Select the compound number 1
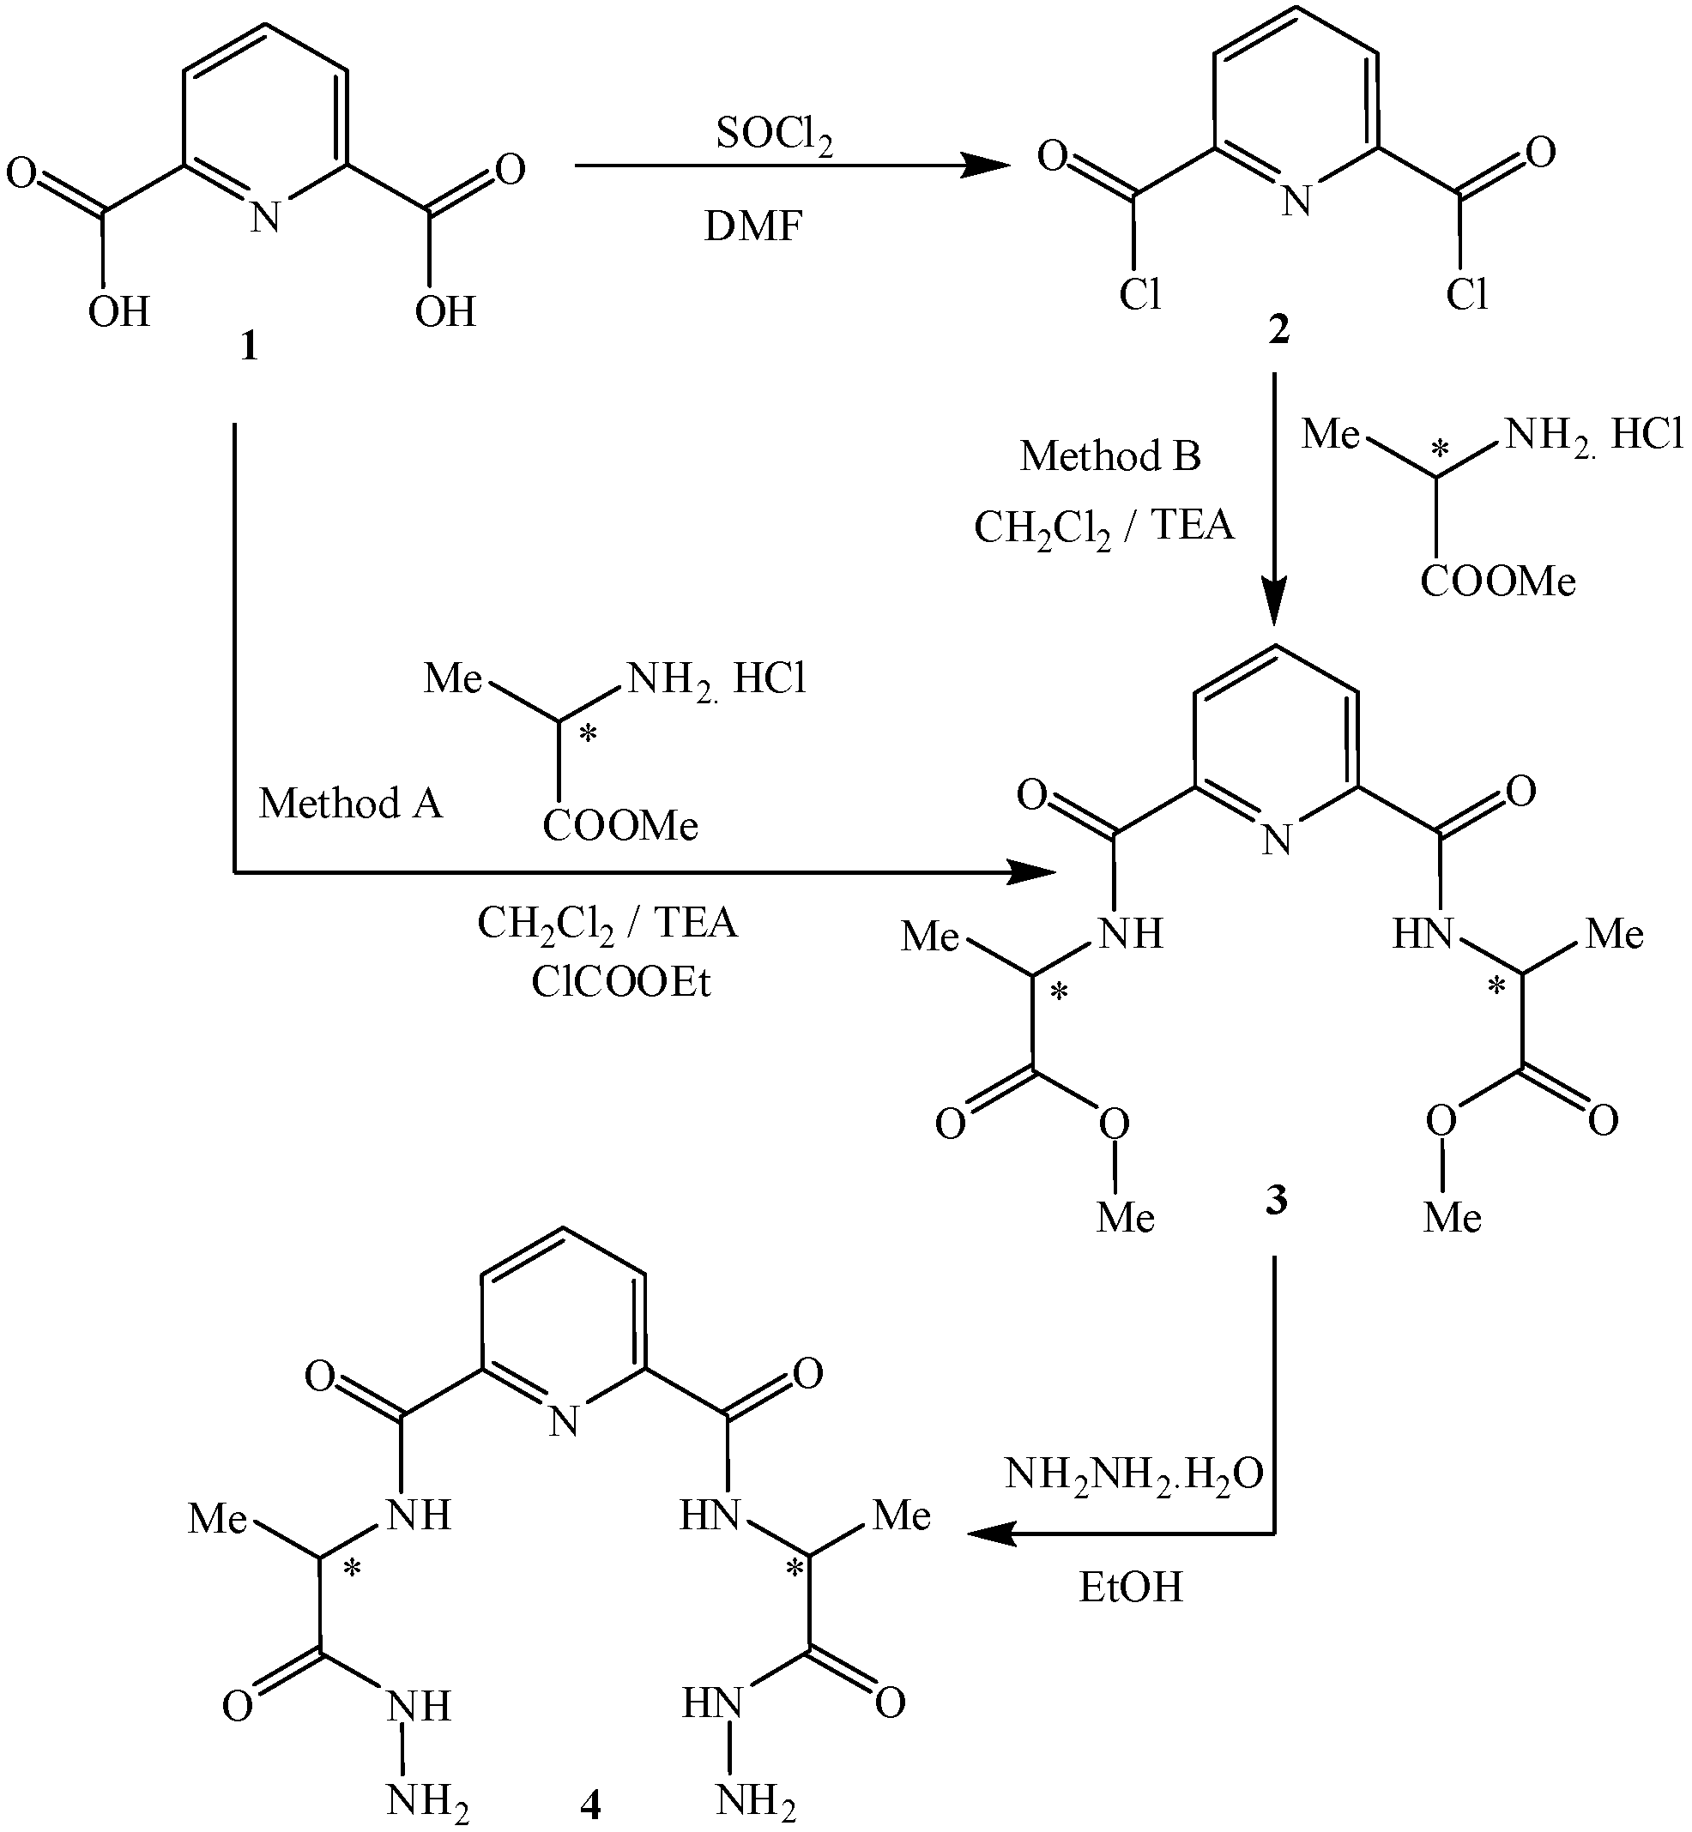[249, 347]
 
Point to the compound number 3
[1277, 1198]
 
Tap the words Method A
[351, 804]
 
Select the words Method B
[1110, 455]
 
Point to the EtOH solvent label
[1131, 1588]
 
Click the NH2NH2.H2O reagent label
[1133, 1474]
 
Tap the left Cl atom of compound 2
[1140, 295]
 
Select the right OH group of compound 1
[446, 312]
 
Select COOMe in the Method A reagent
[619, 826]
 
